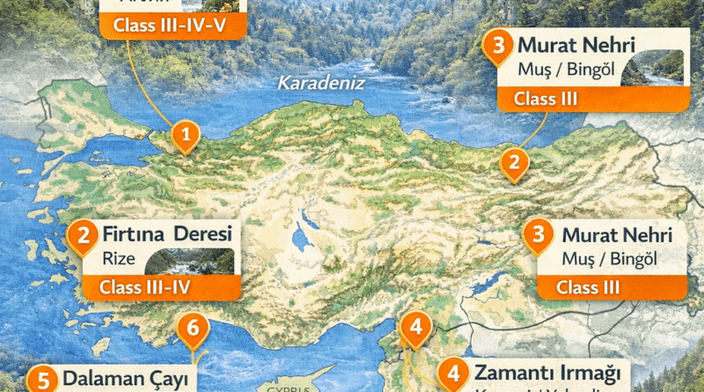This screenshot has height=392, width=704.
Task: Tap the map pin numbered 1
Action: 186,136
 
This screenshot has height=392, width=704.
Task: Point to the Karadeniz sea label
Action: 309,84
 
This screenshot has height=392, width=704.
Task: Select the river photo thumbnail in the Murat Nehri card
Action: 653,69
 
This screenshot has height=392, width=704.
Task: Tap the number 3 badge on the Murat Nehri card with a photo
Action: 499,45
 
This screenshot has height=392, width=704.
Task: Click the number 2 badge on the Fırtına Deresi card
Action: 84,235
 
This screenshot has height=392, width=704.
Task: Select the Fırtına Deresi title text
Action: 166,235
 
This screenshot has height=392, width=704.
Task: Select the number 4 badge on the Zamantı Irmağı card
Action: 452,374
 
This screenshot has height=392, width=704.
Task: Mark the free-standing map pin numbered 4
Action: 414,329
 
